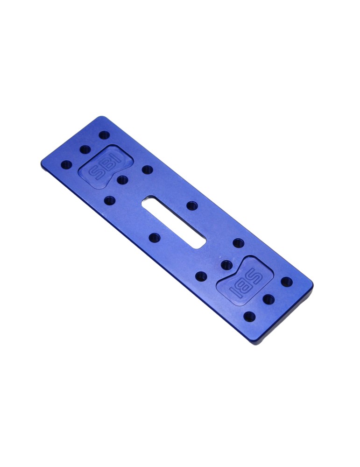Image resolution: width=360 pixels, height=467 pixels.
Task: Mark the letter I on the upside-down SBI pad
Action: click(x=236, y=290)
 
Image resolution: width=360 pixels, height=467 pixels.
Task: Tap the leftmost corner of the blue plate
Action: click(x=42, y=161)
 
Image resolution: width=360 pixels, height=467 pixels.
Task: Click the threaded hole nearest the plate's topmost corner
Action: click(x=105, y=135)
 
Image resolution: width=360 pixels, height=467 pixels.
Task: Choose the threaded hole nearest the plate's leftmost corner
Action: click(x=67, y=164)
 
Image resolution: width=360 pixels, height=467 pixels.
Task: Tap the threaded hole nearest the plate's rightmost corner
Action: click(x=286, y=281)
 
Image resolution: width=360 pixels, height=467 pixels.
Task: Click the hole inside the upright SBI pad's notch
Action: click(x=122, y=179)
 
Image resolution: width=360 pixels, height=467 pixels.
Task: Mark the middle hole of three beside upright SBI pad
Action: click(x=85, y=150)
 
